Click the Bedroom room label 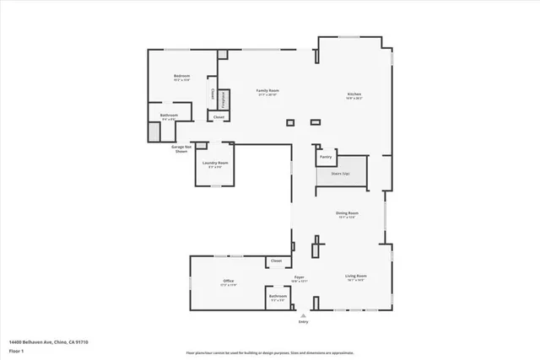coord(181,77)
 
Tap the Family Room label coord(267,90)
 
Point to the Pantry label coord(325,157)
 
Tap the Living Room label coord(355,276)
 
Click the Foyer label coord(299,277)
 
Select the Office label coord(228,281)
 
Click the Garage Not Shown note coord(181,148)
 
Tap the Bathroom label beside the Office coord(278,296)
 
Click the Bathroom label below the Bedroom coord(169,116)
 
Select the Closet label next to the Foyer coord(277,261)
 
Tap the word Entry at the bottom coord(303,321)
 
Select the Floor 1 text coord(16,349)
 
